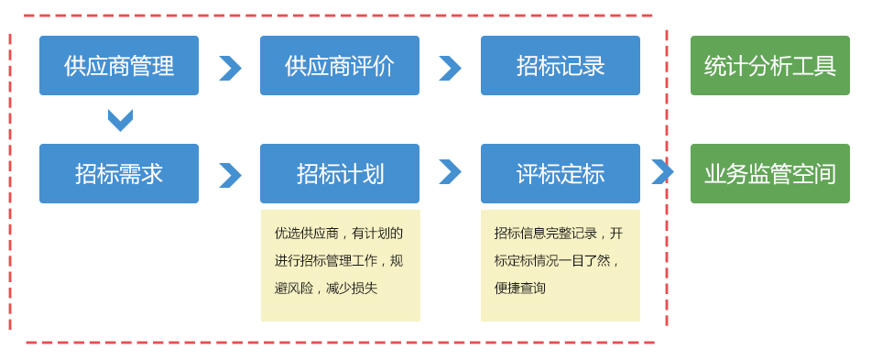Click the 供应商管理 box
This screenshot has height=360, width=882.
[x=119, y=65]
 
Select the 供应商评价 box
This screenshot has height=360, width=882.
[x=339, y=65]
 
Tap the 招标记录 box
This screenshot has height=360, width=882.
[x=561, y=65]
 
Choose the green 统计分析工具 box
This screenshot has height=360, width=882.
[x=770, y=65]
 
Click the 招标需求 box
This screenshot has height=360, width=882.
[x=119, y=173]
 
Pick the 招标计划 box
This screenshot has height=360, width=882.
[x=339, y=173]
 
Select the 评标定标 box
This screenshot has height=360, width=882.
[x=561, y=173]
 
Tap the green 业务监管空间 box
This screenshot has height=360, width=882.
[x=770, y=173]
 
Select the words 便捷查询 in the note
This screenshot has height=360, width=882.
[x=519, y=289]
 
